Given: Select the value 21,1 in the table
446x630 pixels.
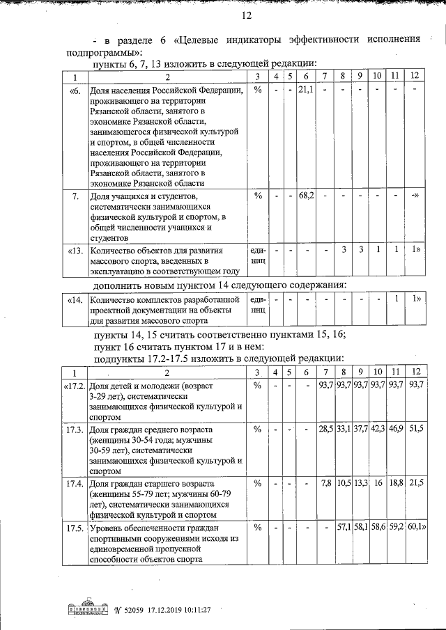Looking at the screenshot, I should point(306,90).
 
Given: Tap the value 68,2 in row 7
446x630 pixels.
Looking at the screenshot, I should point(306,196).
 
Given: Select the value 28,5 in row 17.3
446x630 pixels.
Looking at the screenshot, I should point(325,430).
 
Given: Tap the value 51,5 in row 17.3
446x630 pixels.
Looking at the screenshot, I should point(416,430).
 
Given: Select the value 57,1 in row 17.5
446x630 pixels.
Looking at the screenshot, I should point(344,531).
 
